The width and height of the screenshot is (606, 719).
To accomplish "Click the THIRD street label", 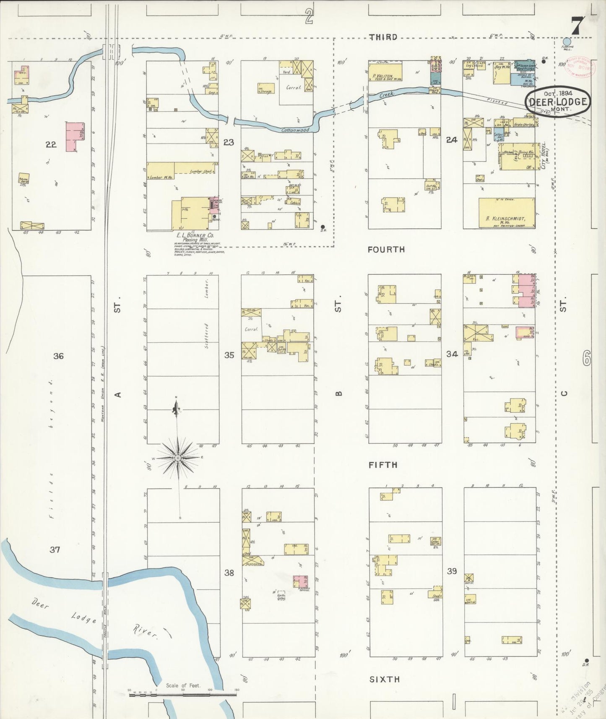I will coord(383,37).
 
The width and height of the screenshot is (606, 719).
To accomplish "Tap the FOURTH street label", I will coord(386,250).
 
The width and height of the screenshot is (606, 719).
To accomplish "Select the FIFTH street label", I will coord(382,465).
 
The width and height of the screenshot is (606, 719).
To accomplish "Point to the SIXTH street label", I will coord(384,679).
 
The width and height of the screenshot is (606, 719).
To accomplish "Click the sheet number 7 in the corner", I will coord(576,27).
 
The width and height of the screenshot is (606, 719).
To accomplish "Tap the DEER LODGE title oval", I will coord(557,101).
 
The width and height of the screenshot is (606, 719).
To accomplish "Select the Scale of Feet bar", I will coord(183,694).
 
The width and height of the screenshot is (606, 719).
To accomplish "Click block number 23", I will coord(229,143).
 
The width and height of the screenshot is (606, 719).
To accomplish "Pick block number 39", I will coord(452,571).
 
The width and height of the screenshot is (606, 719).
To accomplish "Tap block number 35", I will coord(229,355).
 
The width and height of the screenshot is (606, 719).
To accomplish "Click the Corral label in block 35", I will coord(251,329).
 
